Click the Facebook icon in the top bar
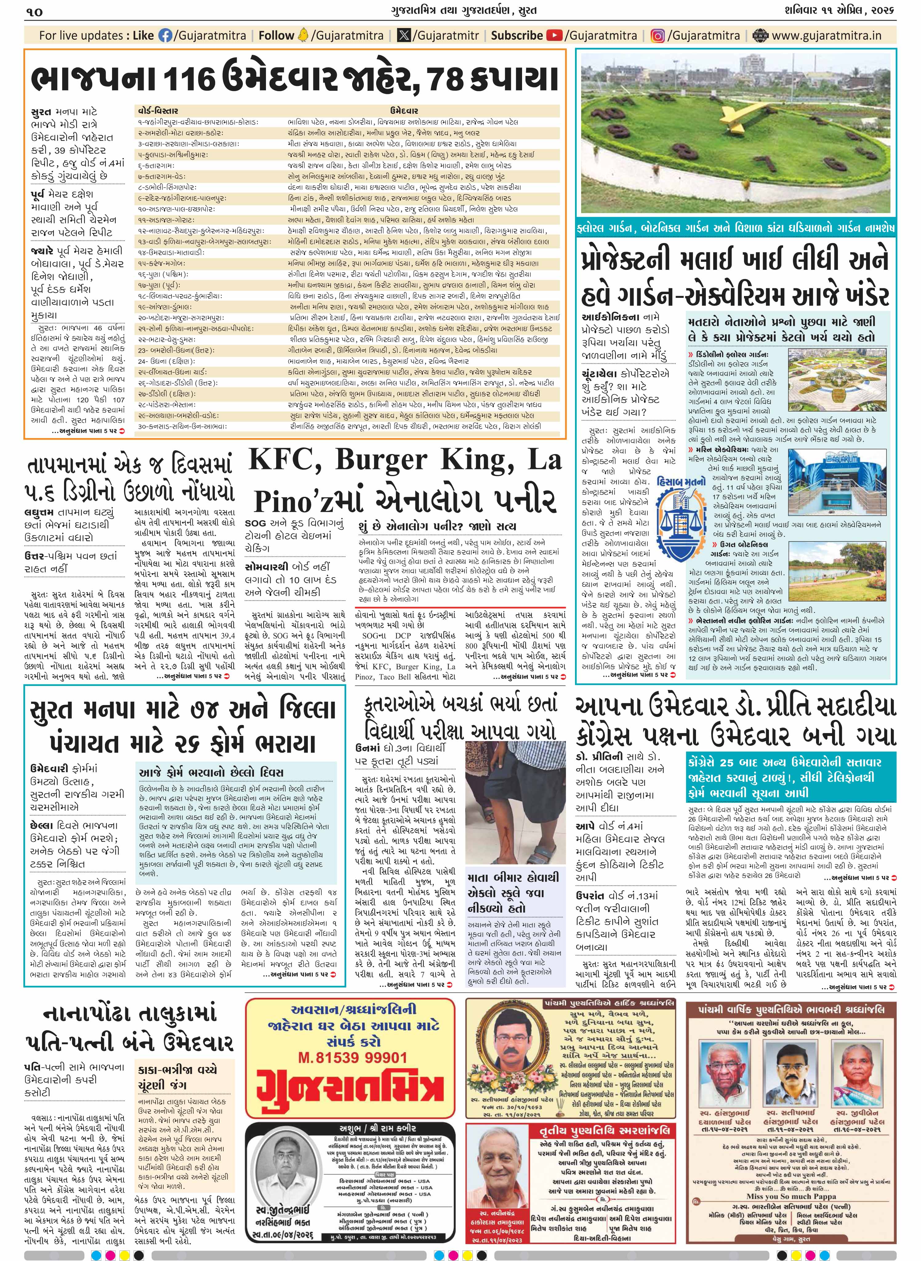coord(166,36)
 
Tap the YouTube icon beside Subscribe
coord(554,36)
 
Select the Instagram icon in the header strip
coord(658,36)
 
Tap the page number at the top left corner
coord(34,11)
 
